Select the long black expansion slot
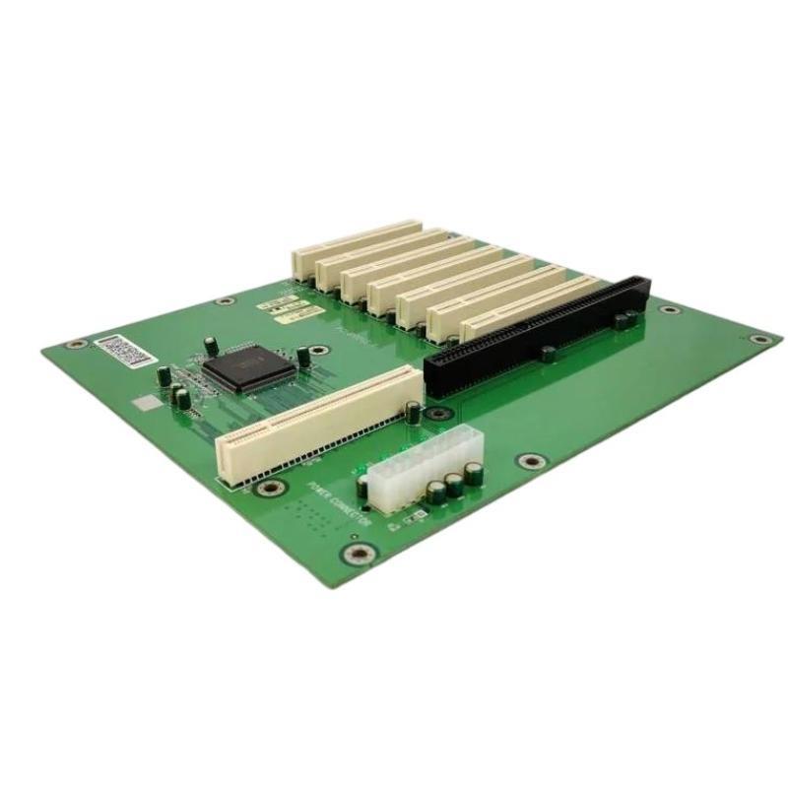point(532,325)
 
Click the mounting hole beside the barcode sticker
point(72,345)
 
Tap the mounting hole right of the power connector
point(532,460)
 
